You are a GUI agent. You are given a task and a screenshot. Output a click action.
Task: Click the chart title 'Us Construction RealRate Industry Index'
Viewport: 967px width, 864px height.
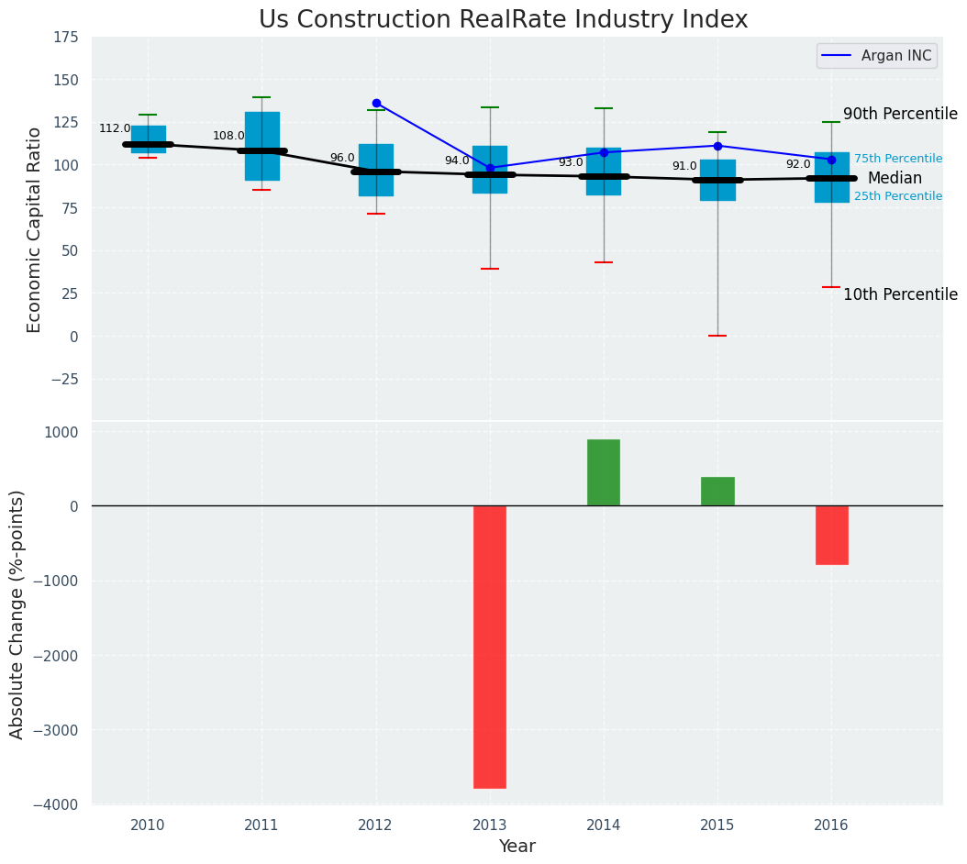pyautogui.click(x=503, y=20)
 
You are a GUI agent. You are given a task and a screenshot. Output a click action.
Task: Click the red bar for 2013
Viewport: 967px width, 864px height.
pyautogui.click(x=490, y=647)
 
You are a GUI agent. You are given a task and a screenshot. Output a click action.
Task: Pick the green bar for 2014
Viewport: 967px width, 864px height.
pyautogui.click(x=604, y=472)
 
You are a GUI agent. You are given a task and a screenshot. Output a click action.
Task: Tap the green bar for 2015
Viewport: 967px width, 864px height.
pyautogui.click(x=717, y=492)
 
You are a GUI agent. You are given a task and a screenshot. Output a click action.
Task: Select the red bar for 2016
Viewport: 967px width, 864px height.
pyautogui.click(x=831, y=535)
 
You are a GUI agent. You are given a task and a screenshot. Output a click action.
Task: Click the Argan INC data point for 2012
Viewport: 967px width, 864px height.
pyautogui.click(x=376, y=104)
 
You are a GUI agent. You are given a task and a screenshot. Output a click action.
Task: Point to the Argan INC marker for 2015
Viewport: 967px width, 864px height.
pyautogui.click(x=717, y=146)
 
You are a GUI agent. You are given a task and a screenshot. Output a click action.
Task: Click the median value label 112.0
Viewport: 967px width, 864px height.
pyautogui.click(x=115, y=129)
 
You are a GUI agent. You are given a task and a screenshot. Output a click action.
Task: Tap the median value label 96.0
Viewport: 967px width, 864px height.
pyautogui.click(x=342, y=158)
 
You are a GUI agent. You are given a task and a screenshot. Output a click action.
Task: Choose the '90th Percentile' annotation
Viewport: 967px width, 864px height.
pyautogui.click(x=899, y=115)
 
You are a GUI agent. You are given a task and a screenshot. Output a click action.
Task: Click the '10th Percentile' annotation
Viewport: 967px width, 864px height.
pyautogui.click(x=899, y=294)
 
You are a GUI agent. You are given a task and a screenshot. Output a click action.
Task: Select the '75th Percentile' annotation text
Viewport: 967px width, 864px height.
pyautogui.click(x=897, y=159)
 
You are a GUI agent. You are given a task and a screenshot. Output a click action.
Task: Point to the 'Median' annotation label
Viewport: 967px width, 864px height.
pyautogui.click(x=895, y=179)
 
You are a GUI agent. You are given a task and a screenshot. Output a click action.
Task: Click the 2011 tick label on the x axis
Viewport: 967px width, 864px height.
pyautogui.click(x=261, y=825)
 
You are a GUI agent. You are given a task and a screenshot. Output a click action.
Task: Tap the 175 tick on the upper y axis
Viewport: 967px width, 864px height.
pyautogui.click(x=65, y=38)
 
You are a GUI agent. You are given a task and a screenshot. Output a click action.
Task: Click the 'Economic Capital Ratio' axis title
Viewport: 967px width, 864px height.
pyautogui.click(x=35, y=229)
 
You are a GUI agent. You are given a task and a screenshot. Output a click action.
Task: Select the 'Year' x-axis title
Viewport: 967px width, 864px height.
pyautogui.click(x=517, y=847)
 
